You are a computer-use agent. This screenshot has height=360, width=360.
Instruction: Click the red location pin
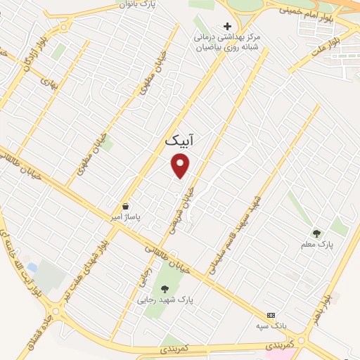pyautogui.click(x=181, y=165)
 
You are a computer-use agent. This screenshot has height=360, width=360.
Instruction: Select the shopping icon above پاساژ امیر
pyautogui.click(x=125, y=207)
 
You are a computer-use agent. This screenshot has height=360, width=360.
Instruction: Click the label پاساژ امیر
pyautogui.click(x=126, y=218)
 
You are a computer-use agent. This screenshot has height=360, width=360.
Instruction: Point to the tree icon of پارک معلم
pyautogui.click(x=317, y=233)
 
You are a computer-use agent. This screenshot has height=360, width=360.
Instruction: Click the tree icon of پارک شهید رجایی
pyautogui.click(x=165, y=288)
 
